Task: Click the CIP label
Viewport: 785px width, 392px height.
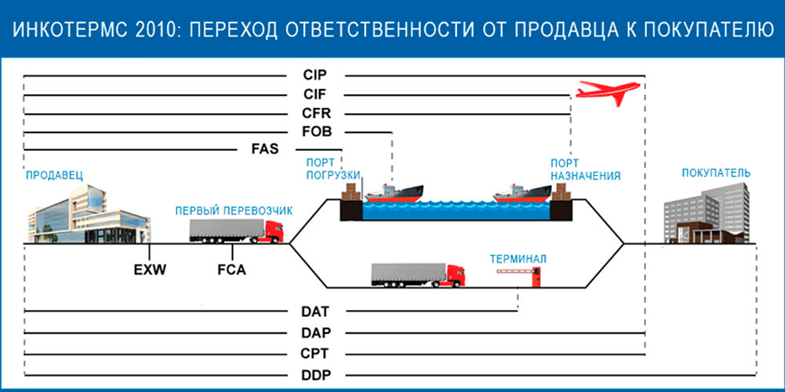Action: coord(315,76)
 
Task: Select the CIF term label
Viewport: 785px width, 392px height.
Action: coord(315,95)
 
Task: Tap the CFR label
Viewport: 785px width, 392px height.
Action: coord(315,113)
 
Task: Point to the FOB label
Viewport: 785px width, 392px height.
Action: coord(315,132)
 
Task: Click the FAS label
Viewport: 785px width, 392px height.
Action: coord(264,149)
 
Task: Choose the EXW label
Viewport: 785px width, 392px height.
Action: coord(149,269)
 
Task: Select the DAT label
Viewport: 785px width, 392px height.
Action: coord(315,312)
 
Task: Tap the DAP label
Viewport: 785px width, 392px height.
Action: coord(315,333)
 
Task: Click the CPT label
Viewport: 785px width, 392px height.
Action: coord(315,354)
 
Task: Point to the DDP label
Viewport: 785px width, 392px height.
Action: coord(315,375)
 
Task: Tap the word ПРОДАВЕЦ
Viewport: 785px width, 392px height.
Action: coord(54,175)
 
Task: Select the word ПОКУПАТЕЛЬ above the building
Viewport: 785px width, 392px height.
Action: coord(716,173)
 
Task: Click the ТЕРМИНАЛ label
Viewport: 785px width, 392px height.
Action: coord(518,259)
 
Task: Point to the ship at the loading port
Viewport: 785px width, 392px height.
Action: coord(394,192)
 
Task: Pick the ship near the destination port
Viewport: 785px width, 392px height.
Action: coord(521,192)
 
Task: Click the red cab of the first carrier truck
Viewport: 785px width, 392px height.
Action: coord(273,230)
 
